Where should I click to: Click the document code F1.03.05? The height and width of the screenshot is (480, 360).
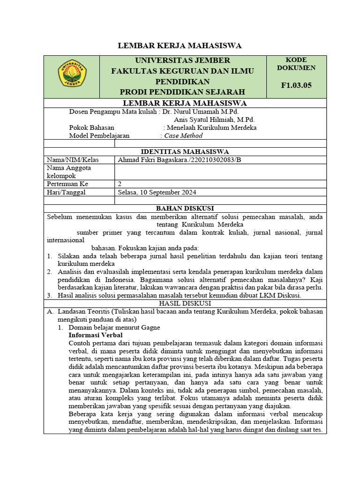pyautogui.click(x=296, y=85)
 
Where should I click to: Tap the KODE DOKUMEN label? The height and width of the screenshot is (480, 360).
pyautogui.click(x=296, y=64)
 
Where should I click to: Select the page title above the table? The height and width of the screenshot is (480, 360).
pyautogui.click(x=180, y=45)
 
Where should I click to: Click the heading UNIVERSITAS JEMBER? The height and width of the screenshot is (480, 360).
pyautogui.click(x=182, y=60)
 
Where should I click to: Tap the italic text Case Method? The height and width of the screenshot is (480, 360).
pyautogui.click(x=183, y=135)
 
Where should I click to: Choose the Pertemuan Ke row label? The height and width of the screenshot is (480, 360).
pyautogui.click(x=67, y=184)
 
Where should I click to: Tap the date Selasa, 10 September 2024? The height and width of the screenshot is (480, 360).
pyautogui.click(x=157, y=192)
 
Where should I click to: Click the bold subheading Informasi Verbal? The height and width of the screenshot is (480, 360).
pyautogui.click(x=96, y=335)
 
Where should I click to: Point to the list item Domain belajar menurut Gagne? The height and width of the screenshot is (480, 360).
pyautogui.click(x=114, y=327)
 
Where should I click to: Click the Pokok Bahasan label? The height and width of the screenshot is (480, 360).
pyautogui.click(x=92, y=127)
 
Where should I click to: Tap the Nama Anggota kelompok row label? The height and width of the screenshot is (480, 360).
pyautogui.click(x=69, y=172)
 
